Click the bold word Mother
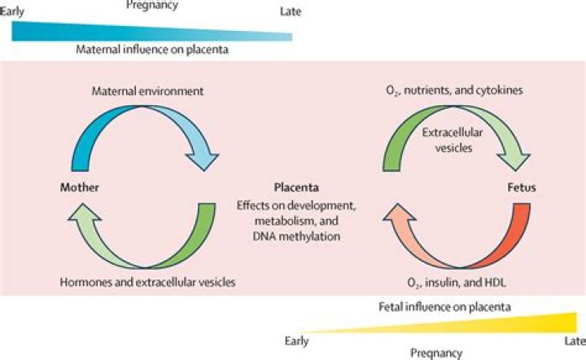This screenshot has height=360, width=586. tap(79, 187)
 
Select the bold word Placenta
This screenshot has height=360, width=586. tap(295, 186)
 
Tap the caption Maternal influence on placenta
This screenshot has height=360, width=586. tap(151, 49)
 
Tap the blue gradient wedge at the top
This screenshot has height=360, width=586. tap(122, 29)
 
